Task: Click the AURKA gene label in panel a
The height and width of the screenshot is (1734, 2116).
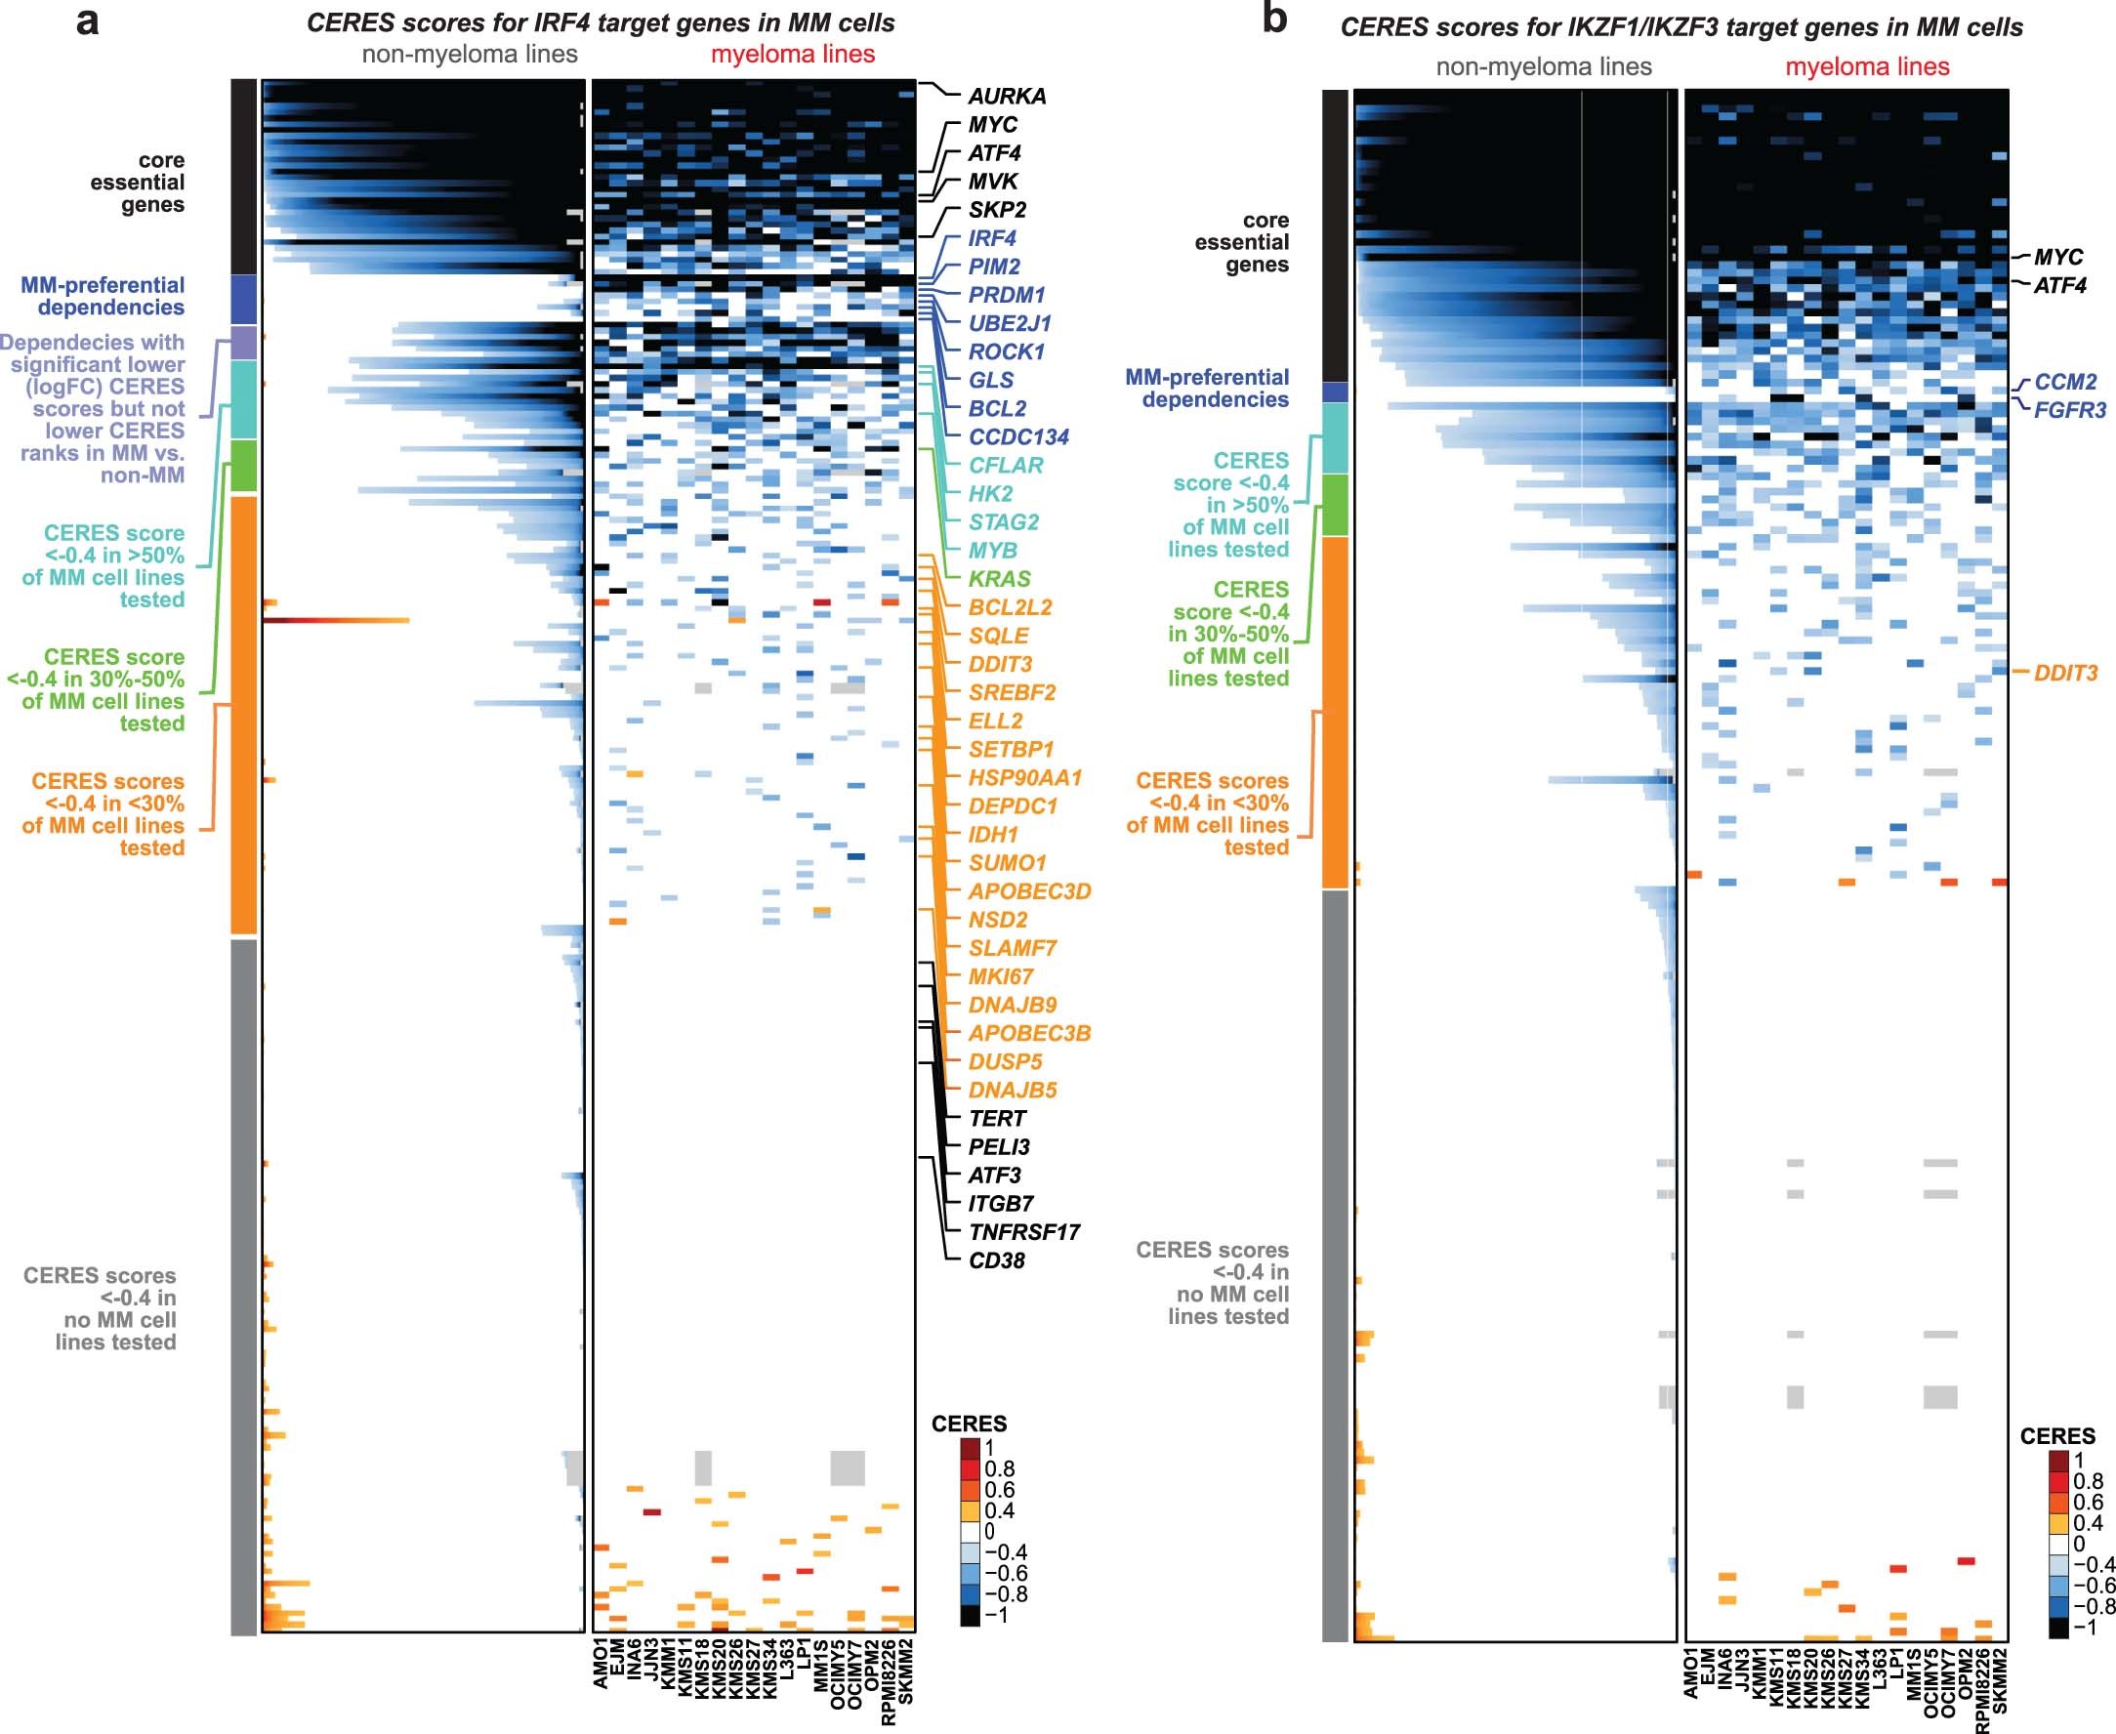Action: coord(1006,97)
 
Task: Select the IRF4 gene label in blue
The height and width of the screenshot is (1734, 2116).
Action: coord(991,239)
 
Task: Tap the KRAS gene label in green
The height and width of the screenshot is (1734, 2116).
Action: coord(999,579)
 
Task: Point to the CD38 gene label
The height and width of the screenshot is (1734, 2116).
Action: coord(996,1260)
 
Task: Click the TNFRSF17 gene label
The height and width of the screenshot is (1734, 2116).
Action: coord(1024,1232)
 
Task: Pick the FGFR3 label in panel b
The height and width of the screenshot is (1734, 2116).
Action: coord(2069,410)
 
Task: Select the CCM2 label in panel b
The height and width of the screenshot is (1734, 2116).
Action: coord(2065,383)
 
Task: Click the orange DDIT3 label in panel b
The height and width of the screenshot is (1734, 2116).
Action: coord(2066,674)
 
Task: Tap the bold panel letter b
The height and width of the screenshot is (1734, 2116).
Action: coord(1275,19)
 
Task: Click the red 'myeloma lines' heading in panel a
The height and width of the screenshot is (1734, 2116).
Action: coord(792,55)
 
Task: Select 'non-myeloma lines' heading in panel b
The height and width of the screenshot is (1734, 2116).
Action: coord(1544,67)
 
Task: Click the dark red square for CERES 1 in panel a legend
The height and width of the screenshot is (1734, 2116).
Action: coord(970,1448)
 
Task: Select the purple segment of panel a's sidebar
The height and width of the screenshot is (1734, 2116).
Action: coord(244,343)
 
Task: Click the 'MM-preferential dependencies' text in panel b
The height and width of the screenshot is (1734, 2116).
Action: coord(1207,389)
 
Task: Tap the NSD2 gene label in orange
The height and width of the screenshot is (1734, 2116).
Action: coord(997,920)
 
